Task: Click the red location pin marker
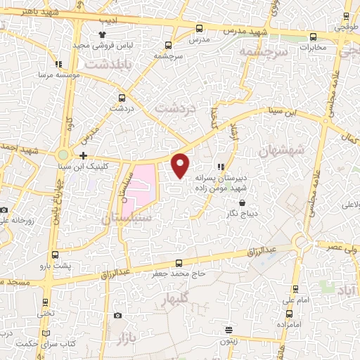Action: tap(181, 165)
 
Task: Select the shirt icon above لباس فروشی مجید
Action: tap(103, 34)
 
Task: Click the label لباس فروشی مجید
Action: tap(103, 44)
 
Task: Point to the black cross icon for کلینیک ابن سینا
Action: tap(84, 155)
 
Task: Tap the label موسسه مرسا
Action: tap(56, 73)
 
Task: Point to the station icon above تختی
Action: tap(46, 303)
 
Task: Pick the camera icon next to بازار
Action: tap(117, 315)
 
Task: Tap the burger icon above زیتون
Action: tap(229, 330)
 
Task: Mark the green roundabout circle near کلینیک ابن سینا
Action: tap(63, 155)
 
